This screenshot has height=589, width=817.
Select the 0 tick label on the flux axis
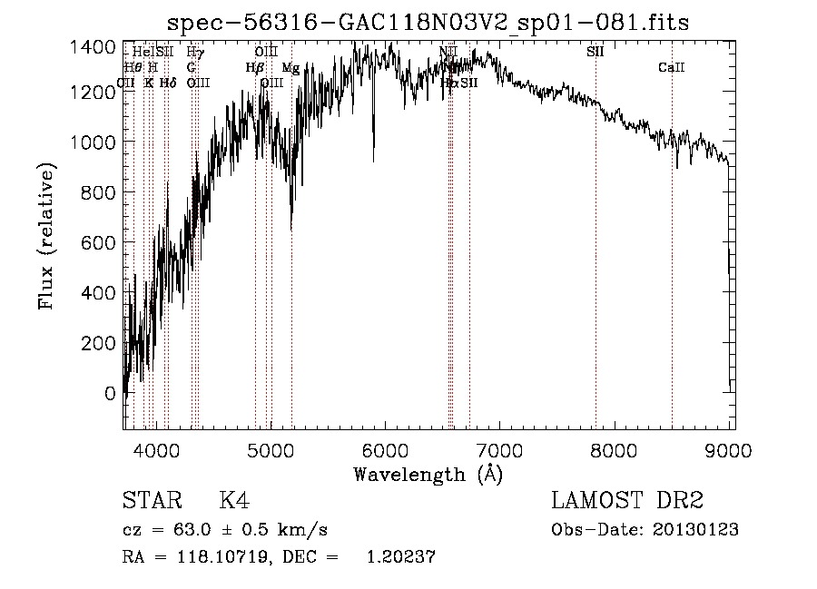[110, 394]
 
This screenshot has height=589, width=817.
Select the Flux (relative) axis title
[46, 237]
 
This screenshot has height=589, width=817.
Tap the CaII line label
[672, 67]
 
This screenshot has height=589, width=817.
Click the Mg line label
[290, 68]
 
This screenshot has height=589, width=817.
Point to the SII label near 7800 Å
[596, 52]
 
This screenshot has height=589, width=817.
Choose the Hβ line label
[255, 68]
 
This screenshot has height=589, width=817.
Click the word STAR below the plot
[151, 501]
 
